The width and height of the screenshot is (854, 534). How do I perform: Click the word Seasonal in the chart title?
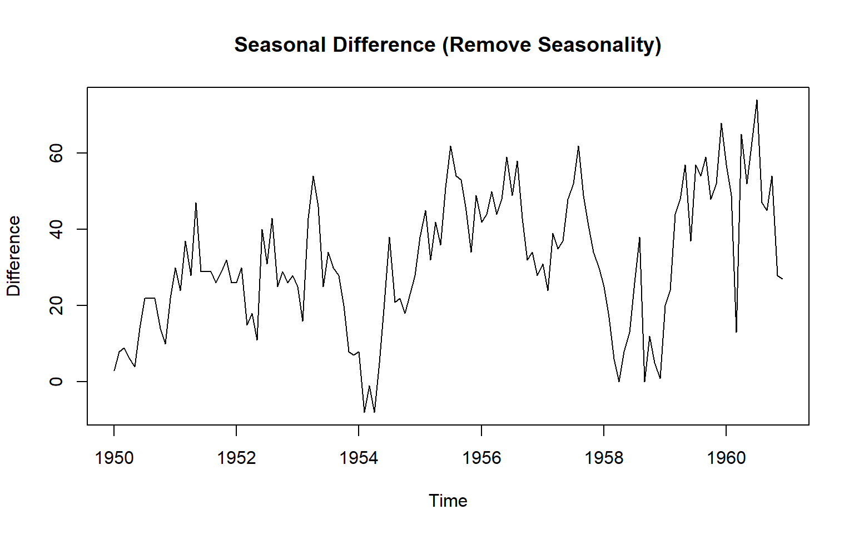pyautogui.click(x=279, y=45)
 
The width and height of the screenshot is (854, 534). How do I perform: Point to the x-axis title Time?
pyautogui.click(x=448, y=501)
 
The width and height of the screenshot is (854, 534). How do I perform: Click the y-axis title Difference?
pyautogui.click(x=13, y=256)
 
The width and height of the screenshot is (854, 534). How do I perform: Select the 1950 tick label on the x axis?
pyautogui.click(x=114, y=458)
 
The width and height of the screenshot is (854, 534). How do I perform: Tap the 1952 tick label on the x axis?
pyautogui.click(x=236, y=458)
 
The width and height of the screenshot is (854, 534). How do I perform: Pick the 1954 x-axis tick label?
pyautogui.click(x=359, y=458)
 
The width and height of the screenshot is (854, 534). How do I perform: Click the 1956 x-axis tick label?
pyautogui.click(x=481, y=458)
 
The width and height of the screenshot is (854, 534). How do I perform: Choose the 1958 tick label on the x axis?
pyautogui.click(x=604, y=458)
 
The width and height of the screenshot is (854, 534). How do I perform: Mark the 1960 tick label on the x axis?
pyautogui.click(x=726, y=458)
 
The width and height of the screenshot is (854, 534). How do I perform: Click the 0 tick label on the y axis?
pyautogui.click(x=56, y=382)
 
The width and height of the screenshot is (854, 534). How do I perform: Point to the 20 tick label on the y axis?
pyautogui.click(x=56, y=305)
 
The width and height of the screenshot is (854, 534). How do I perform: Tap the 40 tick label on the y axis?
pyautogui.click(x=56, y=229)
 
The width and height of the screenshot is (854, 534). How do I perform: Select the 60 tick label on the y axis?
pyautogui.click(x=56, y=153)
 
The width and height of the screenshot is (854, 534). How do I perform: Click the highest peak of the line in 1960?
pyautogui.click(x=757, y=100)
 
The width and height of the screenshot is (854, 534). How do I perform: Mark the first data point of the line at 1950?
pyautogui.click(x=114, y=370)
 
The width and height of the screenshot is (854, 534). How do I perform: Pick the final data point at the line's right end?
pyautogui.click(x=782, y=279)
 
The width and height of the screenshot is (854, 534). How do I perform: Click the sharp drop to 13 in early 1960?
pyautogui.click(x=736, y=332)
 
